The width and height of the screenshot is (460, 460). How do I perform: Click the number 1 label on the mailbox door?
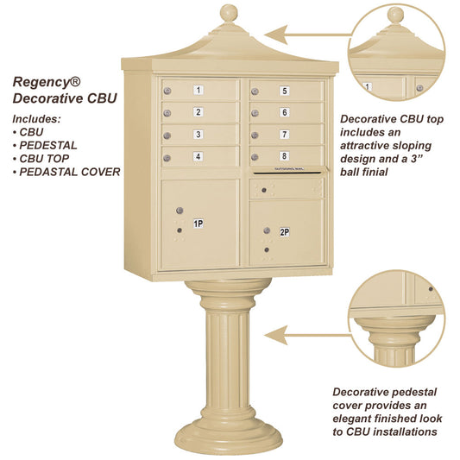[x=198, y=90]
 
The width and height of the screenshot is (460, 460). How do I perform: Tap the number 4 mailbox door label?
[x=198, y=156]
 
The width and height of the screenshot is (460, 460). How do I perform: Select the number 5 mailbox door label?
[x=284, y=90]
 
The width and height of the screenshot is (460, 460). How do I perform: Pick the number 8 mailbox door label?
[x=284, y=156]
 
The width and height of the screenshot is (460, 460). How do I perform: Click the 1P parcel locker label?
[x=198, y=224]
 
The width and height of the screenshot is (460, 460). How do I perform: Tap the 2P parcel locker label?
[x=284, y=231]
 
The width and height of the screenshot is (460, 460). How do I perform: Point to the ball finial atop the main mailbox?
[x=229, y=13]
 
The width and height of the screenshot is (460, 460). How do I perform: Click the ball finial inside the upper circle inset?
[x=395, y=15]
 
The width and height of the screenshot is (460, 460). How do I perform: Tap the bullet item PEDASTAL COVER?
[x=71, y=171]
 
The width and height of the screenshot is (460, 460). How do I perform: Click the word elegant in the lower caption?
[x=356, y=418]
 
